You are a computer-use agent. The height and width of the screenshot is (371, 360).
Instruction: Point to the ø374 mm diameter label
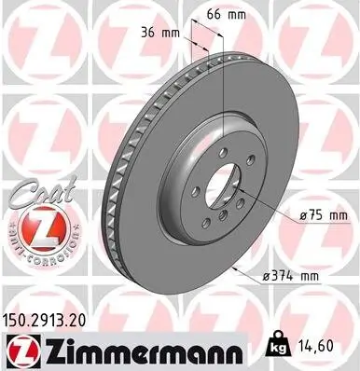[x=293, y=275]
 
